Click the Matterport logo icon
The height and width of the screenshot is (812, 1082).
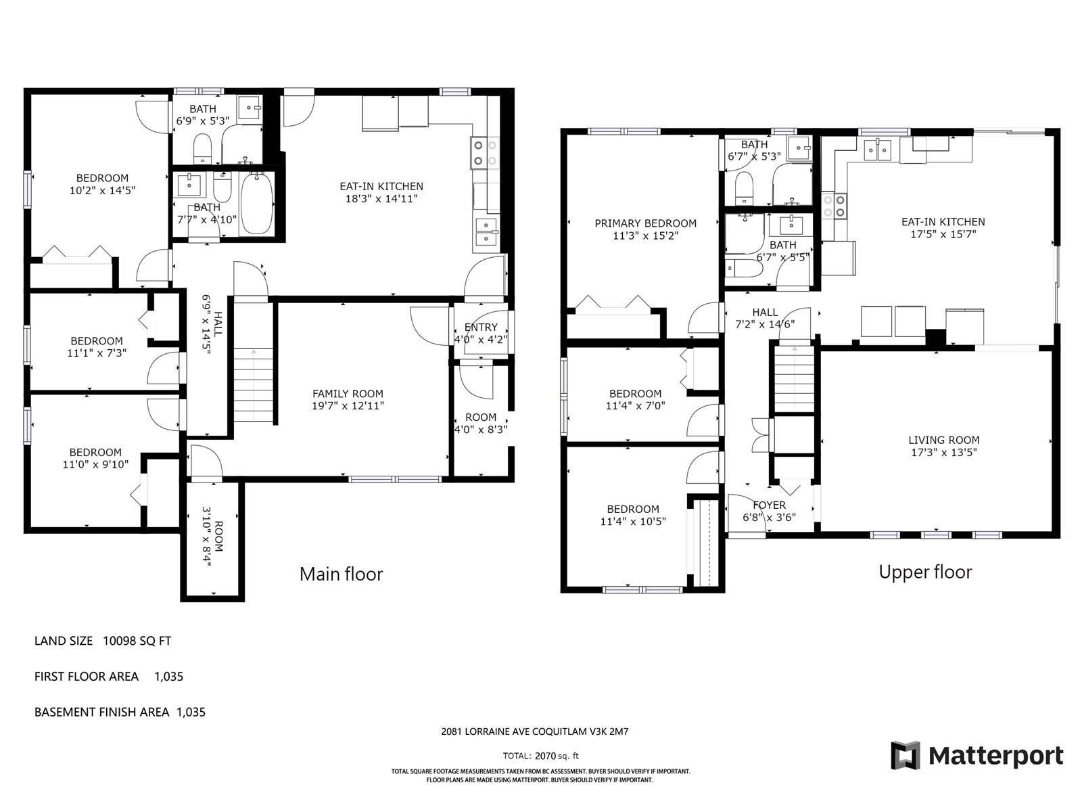(905, 754)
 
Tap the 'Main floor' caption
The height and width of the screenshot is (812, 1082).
(341, 574)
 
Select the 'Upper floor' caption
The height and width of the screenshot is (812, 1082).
(925, 572)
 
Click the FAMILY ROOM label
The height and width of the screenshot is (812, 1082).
(348, 393)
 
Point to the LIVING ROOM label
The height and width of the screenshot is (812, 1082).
(943, 440)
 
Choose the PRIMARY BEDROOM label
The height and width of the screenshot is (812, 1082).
(645, 223)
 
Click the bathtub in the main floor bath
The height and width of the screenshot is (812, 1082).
(257, 203)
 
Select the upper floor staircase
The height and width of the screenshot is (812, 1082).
(794, 379)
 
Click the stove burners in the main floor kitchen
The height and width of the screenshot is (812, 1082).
(485, 152)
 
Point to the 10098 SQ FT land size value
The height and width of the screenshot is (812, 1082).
(137, 641)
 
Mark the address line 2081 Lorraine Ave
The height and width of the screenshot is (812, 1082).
(535, 731)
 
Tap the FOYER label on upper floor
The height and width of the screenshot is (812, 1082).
(770, 505)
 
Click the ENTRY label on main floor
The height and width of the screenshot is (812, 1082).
(481, 328)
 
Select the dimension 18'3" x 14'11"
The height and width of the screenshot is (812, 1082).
(381, 199)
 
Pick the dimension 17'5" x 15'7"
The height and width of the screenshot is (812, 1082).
(943, 234)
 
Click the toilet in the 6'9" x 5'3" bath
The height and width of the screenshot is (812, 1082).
(202, 148)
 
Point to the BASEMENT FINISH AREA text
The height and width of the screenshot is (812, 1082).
(101, 712)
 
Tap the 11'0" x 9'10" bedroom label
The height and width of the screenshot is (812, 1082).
(95, 464)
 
